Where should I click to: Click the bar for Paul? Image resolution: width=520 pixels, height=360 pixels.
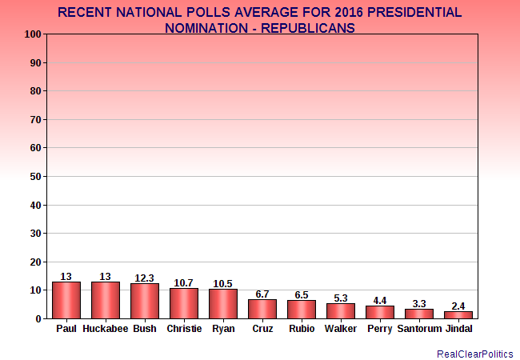pos(66,300)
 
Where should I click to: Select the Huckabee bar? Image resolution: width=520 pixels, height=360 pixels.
pos(106,300)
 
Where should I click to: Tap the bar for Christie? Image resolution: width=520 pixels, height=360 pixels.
pos(184,303)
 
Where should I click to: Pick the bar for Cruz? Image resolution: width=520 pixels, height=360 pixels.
pos(262,309)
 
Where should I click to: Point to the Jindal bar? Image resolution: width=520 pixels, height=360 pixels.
pos(458,314)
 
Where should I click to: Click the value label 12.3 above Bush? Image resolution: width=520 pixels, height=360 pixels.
pos(145,278)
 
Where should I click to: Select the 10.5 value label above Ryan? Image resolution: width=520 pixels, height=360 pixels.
pos(223,282)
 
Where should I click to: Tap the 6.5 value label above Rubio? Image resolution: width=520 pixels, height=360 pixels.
pos(302,294)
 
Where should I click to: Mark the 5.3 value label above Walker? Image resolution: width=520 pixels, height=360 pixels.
pos(341,298)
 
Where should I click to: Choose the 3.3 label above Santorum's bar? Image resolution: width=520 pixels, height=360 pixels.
pos(419,303)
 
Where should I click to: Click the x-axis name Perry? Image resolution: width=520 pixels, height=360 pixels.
pos(380,328)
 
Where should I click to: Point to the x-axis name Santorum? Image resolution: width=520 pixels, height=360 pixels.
pos(419,328)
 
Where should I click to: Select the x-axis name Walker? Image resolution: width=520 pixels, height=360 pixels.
pos(341,328)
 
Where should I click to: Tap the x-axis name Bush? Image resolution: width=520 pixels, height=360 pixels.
pos(145,328)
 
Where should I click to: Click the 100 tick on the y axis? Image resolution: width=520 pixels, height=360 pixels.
pos(32,34)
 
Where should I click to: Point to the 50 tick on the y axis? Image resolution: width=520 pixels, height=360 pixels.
pos(34,176)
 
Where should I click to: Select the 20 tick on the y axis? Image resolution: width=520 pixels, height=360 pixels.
pos(34,262)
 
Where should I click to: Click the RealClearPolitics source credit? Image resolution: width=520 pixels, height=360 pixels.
pos(475,353)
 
